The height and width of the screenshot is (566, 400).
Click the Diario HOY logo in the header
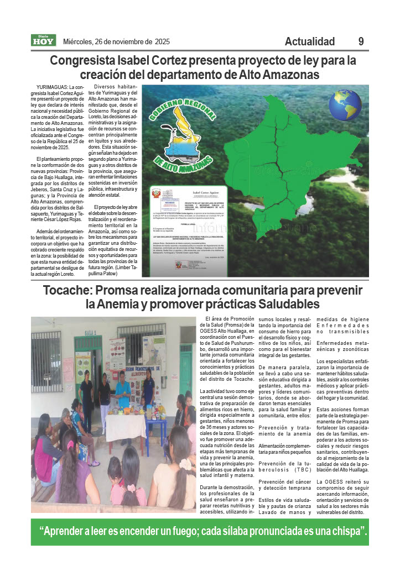(43, 40)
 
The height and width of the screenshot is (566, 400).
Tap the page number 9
(361, 41)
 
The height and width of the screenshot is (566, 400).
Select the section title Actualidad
(310, 41)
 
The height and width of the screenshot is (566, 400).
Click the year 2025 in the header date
(162, 41)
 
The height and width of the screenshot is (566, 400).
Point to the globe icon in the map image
(345, 104)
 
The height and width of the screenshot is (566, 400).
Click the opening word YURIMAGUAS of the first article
(52, 88)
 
